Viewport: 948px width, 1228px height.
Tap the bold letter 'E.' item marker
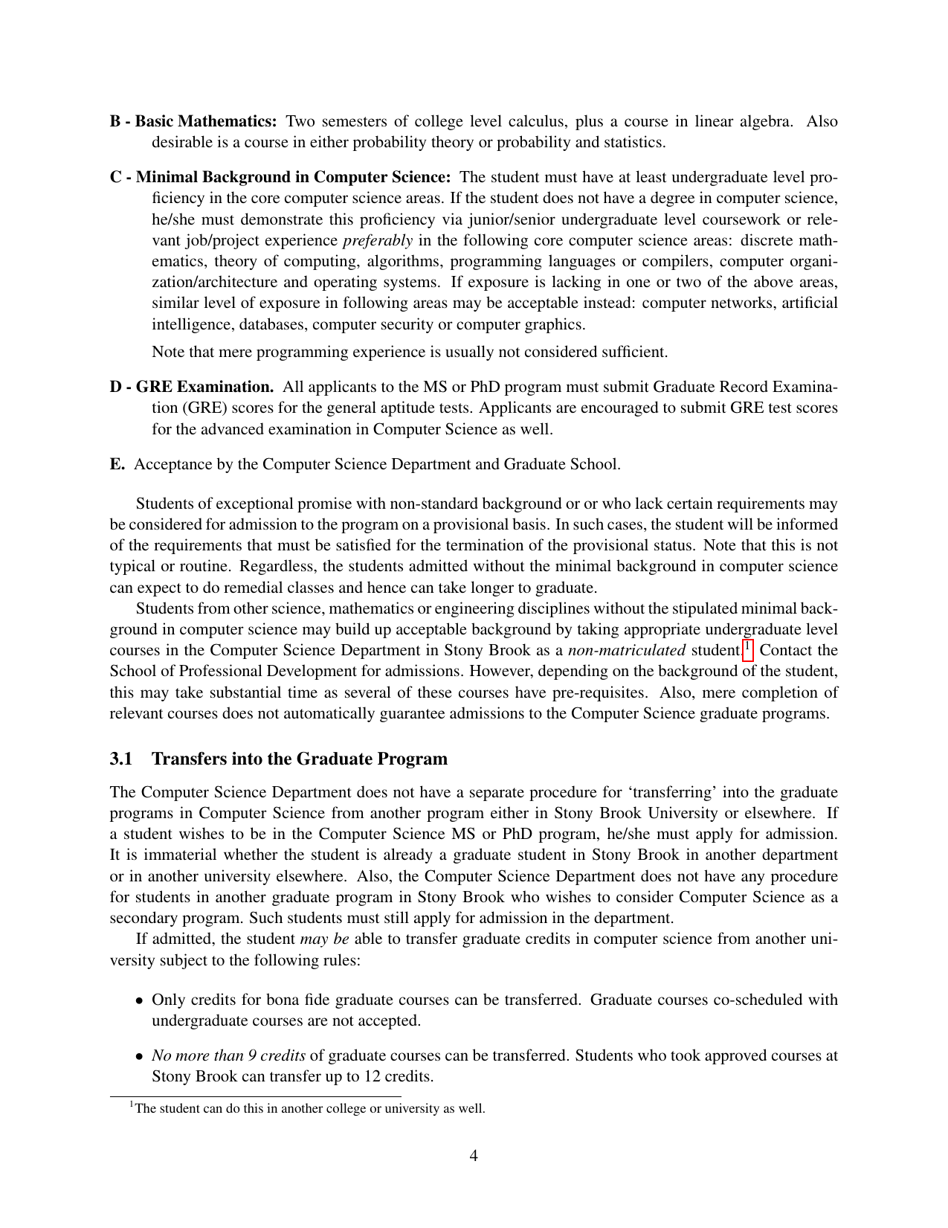point(117,464)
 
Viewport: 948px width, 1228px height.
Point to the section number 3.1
point(120,759)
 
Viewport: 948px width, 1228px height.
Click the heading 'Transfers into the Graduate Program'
point(300,759)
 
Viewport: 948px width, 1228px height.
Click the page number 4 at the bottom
point(474,1155)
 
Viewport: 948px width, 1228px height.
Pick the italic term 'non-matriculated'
point(627,650)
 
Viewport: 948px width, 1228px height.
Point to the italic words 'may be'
point(324,939)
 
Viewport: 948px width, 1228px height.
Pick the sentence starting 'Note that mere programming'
point(410,351)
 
